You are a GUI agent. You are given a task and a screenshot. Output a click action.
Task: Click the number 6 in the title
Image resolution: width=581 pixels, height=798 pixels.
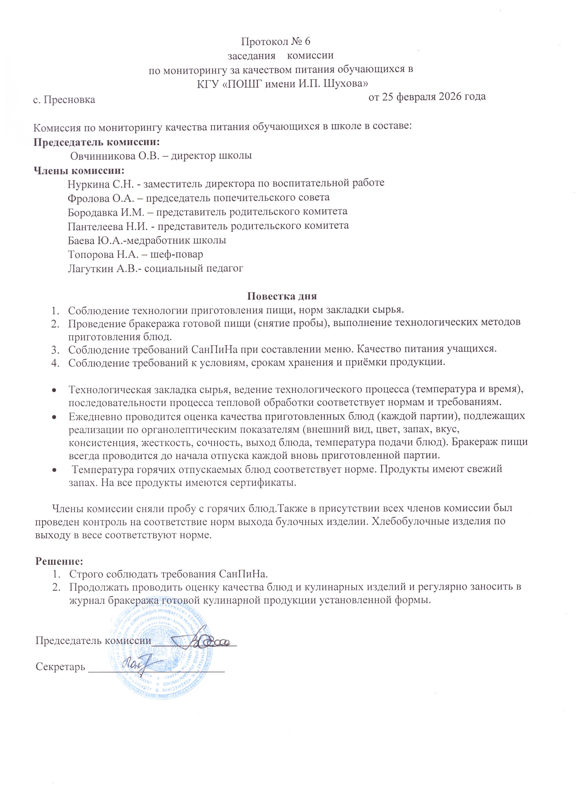[307, 42]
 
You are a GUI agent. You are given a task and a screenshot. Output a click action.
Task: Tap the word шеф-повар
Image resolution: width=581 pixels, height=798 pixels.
[180, 254]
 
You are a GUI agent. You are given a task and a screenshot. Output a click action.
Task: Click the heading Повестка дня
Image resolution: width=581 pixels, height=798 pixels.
[282, 296]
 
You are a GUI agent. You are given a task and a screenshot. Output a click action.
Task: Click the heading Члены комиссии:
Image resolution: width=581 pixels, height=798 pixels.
[79, 171]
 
